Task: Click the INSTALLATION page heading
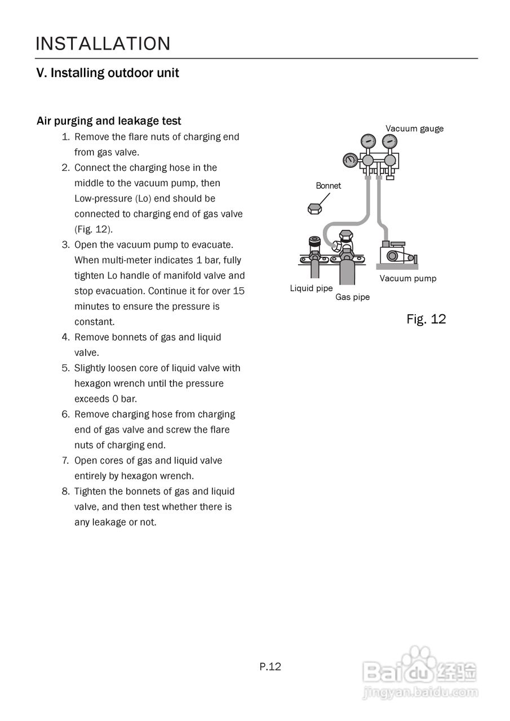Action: tap(103, 44)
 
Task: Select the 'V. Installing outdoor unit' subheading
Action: tap(108, 73)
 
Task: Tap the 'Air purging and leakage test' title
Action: tap(109, 121)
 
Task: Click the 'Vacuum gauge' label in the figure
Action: tap(414, 128)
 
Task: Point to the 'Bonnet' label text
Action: tap(328, 186)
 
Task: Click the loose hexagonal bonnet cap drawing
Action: tap(314, 209)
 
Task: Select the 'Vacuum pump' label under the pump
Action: tap(407, 278)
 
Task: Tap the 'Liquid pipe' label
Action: tap(311, 288)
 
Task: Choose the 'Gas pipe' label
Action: tap(352, 297)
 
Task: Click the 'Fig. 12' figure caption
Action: tap(426, 319)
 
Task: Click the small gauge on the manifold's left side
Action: tap(351, 161)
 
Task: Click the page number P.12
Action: tap(270, 667)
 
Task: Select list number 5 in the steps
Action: tap(65, 368)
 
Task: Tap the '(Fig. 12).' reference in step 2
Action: tap(94, 229)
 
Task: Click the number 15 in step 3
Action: tap(238, 291)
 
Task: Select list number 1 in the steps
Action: tap(65, 137)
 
